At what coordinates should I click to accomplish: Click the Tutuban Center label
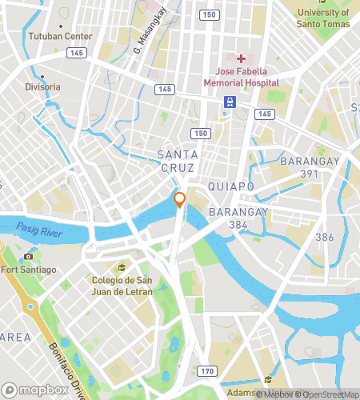coord(58,37)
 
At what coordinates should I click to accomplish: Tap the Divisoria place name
coord(42,86)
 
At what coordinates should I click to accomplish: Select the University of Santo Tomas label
coord(323,17)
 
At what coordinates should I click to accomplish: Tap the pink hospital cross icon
coord(241,58)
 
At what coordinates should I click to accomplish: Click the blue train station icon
coord(230,102)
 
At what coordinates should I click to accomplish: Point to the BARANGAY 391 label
coord(310,166)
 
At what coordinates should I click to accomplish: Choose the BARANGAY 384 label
coord(238,218)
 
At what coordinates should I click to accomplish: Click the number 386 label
coord(324,237)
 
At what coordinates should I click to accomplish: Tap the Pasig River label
coord(38,228)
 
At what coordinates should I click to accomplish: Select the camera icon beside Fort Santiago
coord(29,256)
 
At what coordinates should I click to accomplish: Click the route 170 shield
coord(207,371)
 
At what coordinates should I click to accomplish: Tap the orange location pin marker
coord(180,200)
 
